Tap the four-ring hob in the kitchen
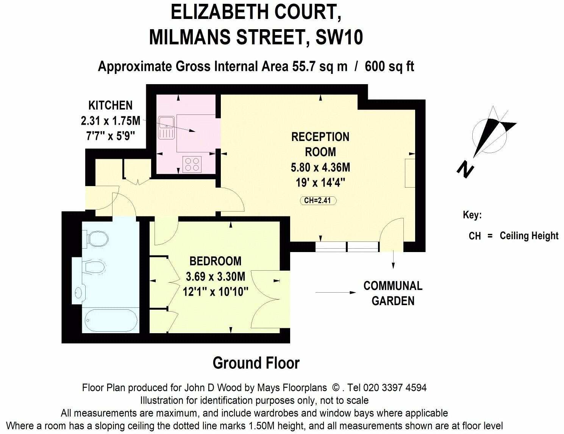pos(191,164)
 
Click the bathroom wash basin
pos(79,292)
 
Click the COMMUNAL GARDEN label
pos(393,293)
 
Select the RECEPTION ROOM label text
pos(320,144)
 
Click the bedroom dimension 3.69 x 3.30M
pos(215,276)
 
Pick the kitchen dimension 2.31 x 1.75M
pos(110,121)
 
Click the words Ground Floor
pos(256,363)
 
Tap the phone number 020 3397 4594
pos(395,388)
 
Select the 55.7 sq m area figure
pos(320,66)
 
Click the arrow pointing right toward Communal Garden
pos(335,293)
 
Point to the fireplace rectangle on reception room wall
pos(410,173)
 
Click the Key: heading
pos(472,215)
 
